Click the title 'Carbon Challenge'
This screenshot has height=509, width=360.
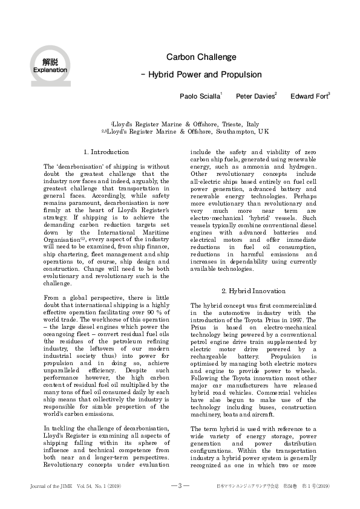[201, 57]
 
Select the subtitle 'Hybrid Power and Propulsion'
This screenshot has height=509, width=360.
[204, 75]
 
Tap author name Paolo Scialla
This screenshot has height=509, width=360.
[200, 96]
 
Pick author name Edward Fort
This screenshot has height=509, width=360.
[309, 96]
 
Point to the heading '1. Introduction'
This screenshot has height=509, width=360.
[106, 152]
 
